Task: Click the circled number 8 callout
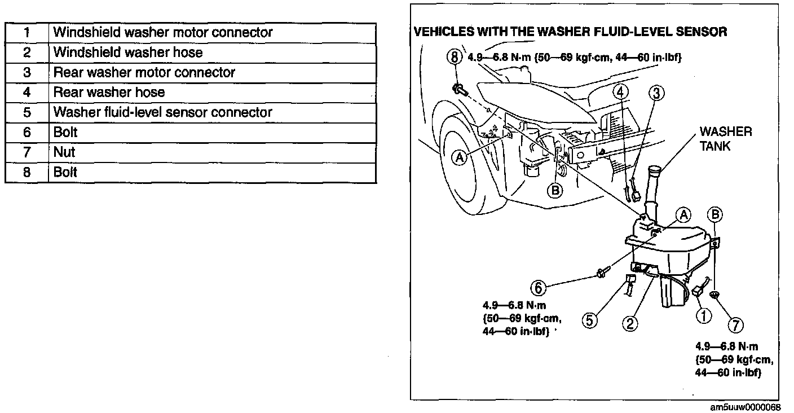(455, 56)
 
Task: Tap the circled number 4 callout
(619, 91)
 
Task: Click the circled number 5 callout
(589, 320)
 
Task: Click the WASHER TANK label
(725, 139)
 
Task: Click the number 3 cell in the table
(27, 72)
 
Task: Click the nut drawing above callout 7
(716, 295)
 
